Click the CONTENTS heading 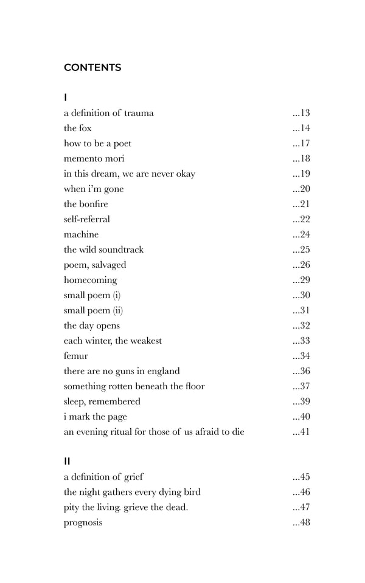pos(92,67)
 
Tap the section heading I pos(66,97)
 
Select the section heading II pos(67,462)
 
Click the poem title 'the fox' pos(78,128)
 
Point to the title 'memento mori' pos(94,159)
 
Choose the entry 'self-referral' pos(87,219)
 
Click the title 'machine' pos(81,234)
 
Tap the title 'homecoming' pos(91,280)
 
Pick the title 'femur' pos(76,356)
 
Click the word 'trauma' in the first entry pos(139,113)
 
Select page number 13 pos(302,113)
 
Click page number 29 pos(302,280)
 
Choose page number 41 pos(302,432)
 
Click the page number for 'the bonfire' pos(302,204)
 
